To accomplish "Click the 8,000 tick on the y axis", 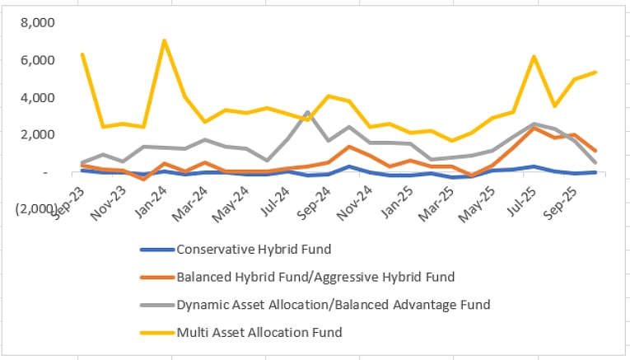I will [x=39, y=23].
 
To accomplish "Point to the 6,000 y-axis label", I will [x=39, y=60].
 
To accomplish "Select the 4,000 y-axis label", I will [x=39, y=97].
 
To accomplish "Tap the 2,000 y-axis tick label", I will [x=39, y=134].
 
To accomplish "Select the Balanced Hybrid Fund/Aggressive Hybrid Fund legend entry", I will [x=315, y=277].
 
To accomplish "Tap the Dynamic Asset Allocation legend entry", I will [x=333, y=305].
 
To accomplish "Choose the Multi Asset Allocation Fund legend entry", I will [x=259, y=333].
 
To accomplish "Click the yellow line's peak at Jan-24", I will [x=165, y=40].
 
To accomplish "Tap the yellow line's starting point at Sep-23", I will [x=82, y=54].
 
